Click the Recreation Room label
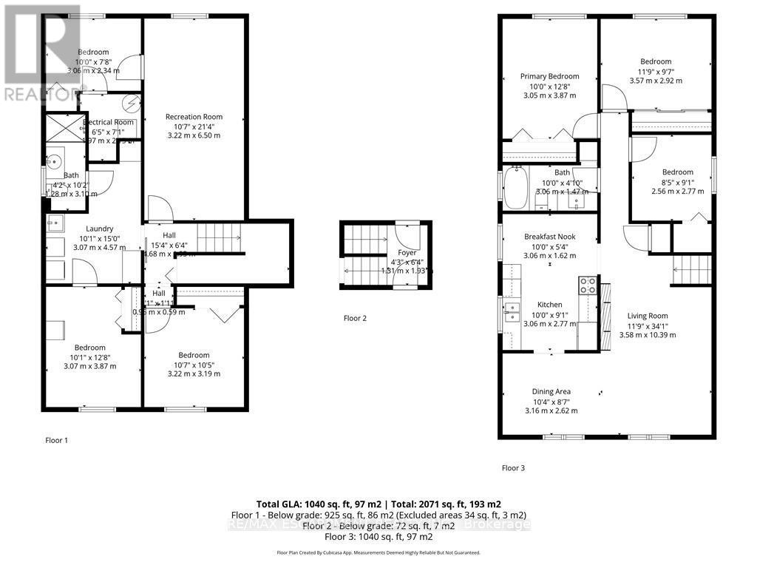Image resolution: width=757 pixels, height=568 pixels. pyautogui.click(x=194, y=117)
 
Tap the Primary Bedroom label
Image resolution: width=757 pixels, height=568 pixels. pyautogui.click(x=549, y=76)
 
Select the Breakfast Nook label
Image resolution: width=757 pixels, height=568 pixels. pyautogui.click(x=549, y=237)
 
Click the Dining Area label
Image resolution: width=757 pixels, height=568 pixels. pyautogui.click(x=551, y=392)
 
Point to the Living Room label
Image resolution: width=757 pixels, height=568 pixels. pyautogui.click(x=648, y=316)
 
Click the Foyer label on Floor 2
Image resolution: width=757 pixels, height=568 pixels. pyautogui.click(x=407, y=252)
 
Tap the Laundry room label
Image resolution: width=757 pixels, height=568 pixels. pyautogui.click(x=98, y=229)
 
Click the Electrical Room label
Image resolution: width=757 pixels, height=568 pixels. pyautogui.click(x=109, y=122)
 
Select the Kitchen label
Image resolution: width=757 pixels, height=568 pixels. pyautogui.click(x=549, y=305)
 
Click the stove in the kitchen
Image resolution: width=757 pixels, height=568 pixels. pyautogui.click(x=588, y=285)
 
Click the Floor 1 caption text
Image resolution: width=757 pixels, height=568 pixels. pyautogui.click(x=56, y=440)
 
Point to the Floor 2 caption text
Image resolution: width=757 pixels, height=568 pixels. pyautogui.click(x=356, y=319)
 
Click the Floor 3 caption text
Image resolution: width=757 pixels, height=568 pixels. pyautogui.click(x=513, y=467)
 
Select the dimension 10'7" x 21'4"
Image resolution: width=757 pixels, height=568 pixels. pyautogui.click(x=194, y=126)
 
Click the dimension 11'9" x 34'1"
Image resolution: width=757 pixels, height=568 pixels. pyautogui.click(x=648, y=325)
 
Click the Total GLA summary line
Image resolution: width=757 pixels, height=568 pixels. pyautogui.click(x=378, y=503)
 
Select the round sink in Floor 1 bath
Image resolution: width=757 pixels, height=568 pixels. pyautogui.click(x=55, y=160)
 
